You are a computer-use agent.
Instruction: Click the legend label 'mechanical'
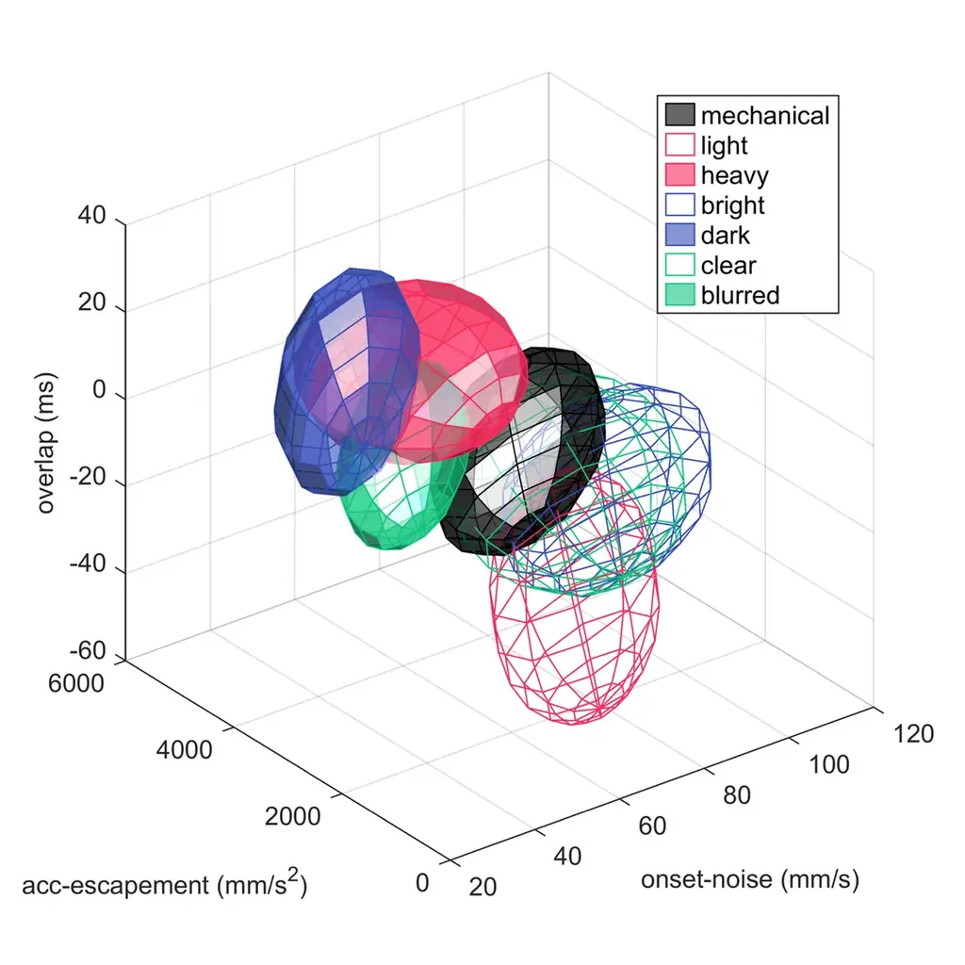[764, 116]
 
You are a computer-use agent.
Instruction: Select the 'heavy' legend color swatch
[679, 175]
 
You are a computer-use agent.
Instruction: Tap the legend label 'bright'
[732, 205]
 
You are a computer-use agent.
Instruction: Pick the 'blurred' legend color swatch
[679, 295]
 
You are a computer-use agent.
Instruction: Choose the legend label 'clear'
[728, 265]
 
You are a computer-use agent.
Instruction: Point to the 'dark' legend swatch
[679, 236]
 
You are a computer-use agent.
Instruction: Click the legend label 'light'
[724, 146]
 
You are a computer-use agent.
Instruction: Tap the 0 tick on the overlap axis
[101, 391]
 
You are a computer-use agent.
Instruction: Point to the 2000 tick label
[293, 816]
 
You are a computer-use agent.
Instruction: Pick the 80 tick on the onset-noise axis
[736, 794]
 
